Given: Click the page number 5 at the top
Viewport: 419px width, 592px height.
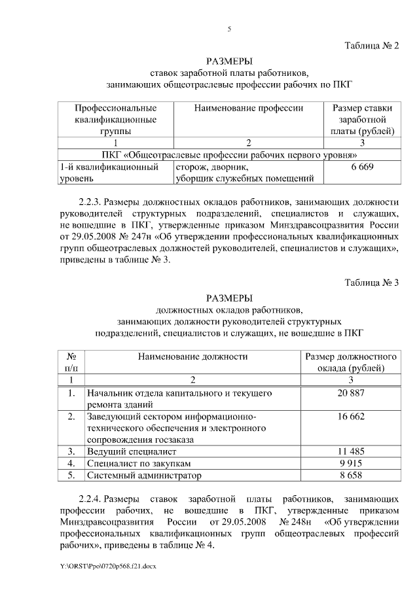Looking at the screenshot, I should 229,29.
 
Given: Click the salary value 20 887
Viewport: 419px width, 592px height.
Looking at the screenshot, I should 351,393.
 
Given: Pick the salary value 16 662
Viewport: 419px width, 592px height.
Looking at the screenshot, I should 351,417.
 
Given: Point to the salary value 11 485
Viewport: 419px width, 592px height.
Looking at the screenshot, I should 351,451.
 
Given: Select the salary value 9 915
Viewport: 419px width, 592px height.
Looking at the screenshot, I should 351,463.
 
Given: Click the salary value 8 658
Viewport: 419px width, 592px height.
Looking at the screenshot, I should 351,475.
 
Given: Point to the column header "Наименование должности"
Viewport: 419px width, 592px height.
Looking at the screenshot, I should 192,357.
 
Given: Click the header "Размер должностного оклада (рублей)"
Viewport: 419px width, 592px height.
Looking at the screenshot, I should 351,362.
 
